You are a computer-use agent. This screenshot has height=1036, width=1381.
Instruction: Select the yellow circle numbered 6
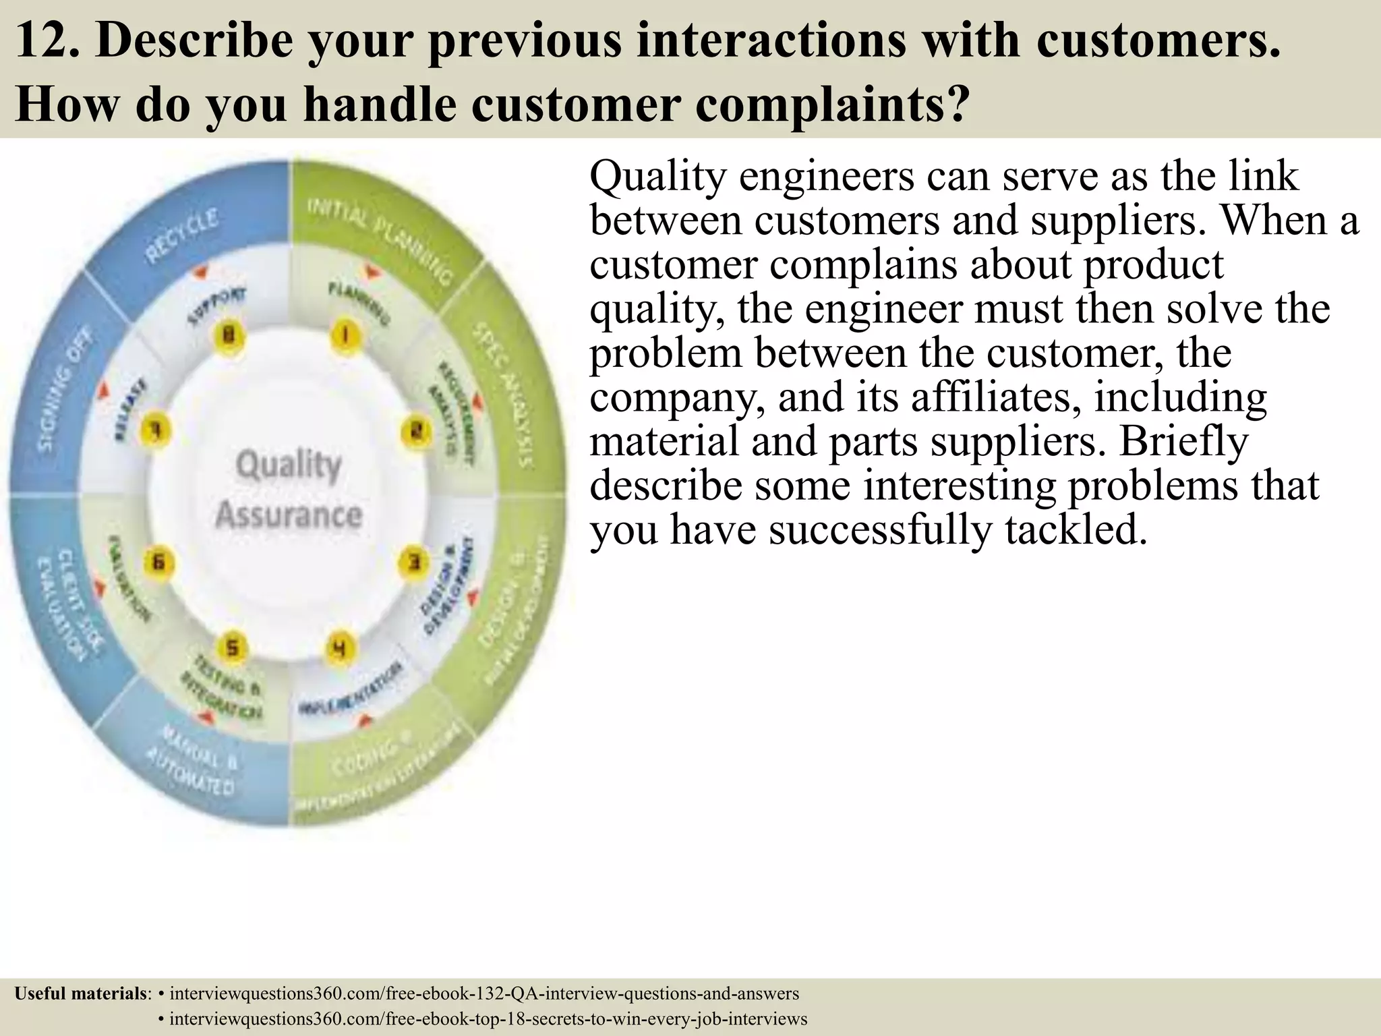coord(158,562)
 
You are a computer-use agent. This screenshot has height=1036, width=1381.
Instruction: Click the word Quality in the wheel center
coord(289,465)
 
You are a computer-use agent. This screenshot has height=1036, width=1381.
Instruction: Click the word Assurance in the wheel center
coord(289,515)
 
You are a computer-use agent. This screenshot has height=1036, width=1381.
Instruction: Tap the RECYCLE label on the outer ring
coord(182,236)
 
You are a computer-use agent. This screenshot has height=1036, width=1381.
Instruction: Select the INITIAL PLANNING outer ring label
coord(380,239)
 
